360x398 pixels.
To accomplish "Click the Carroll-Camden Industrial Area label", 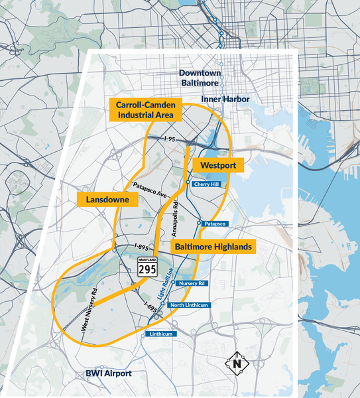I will click(145, 110).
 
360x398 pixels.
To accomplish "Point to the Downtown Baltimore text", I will click(200, 78).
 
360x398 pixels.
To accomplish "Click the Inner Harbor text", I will click(225, 99).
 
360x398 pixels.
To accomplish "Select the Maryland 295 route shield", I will click(147, 267).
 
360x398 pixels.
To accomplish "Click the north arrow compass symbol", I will click(237, 364).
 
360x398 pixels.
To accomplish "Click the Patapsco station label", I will click(215, 224).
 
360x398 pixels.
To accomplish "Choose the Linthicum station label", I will click(159, 334).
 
